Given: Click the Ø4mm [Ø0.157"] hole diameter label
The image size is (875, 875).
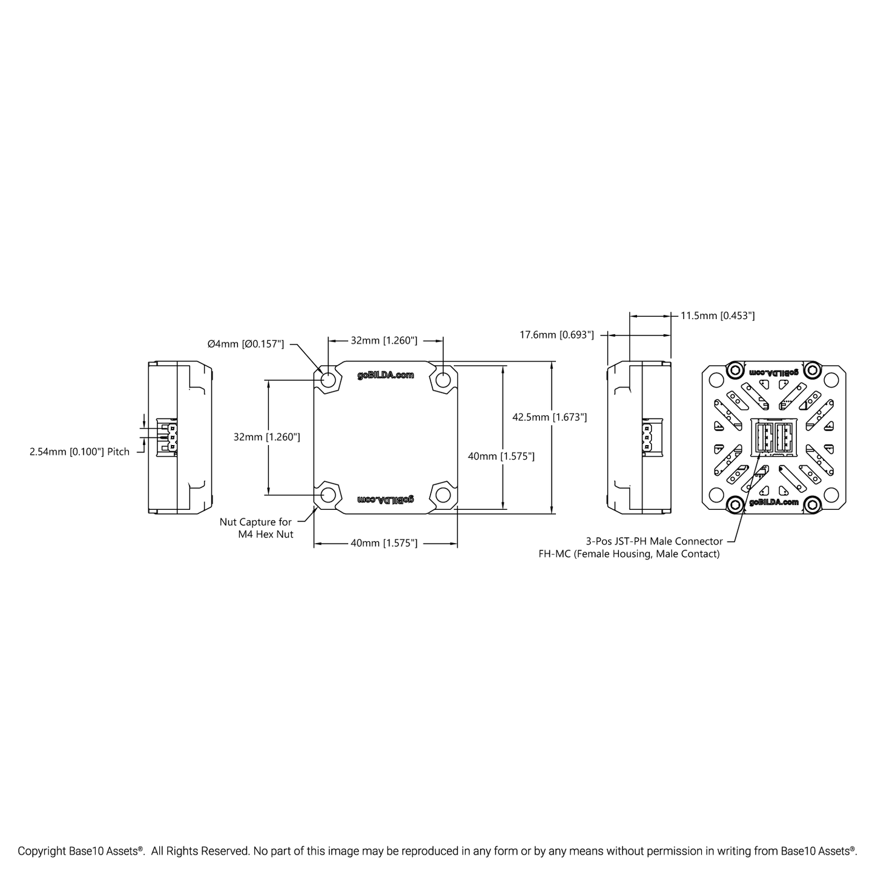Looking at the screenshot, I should (245, 344).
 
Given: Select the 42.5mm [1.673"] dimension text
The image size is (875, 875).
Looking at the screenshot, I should (549, 417).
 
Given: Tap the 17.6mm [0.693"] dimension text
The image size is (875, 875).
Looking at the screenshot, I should (556, 335).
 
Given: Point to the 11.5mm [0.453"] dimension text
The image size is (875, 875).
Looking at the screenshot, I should (718, 315).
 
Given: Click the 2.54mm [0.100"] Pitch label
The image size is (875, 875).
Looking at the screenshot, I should (79, 452).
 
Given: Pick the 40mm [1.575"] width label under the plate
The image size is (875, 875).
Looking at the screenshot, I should (384, 543).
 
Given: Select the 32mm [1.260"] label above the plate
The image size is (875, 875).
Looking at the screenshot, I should (384, 340).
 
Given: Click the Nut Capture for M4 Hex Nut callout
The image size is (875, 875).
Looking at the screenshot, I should (256, 528).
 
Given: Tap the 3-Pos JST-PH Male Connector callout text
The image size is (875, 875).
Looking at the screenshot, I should (654, 541).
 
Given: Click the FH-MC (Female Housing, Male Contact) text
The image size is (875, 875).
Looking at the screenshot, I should (629, 554).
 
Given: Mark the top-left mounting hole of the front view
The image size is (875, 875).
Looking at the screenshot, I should (328, 380).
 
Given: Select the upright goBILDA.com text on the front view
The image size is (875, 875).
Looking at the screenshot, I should (385, 375).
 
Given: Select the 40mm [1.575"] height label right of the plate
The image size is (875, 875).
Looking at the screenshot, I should (501, 456).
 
